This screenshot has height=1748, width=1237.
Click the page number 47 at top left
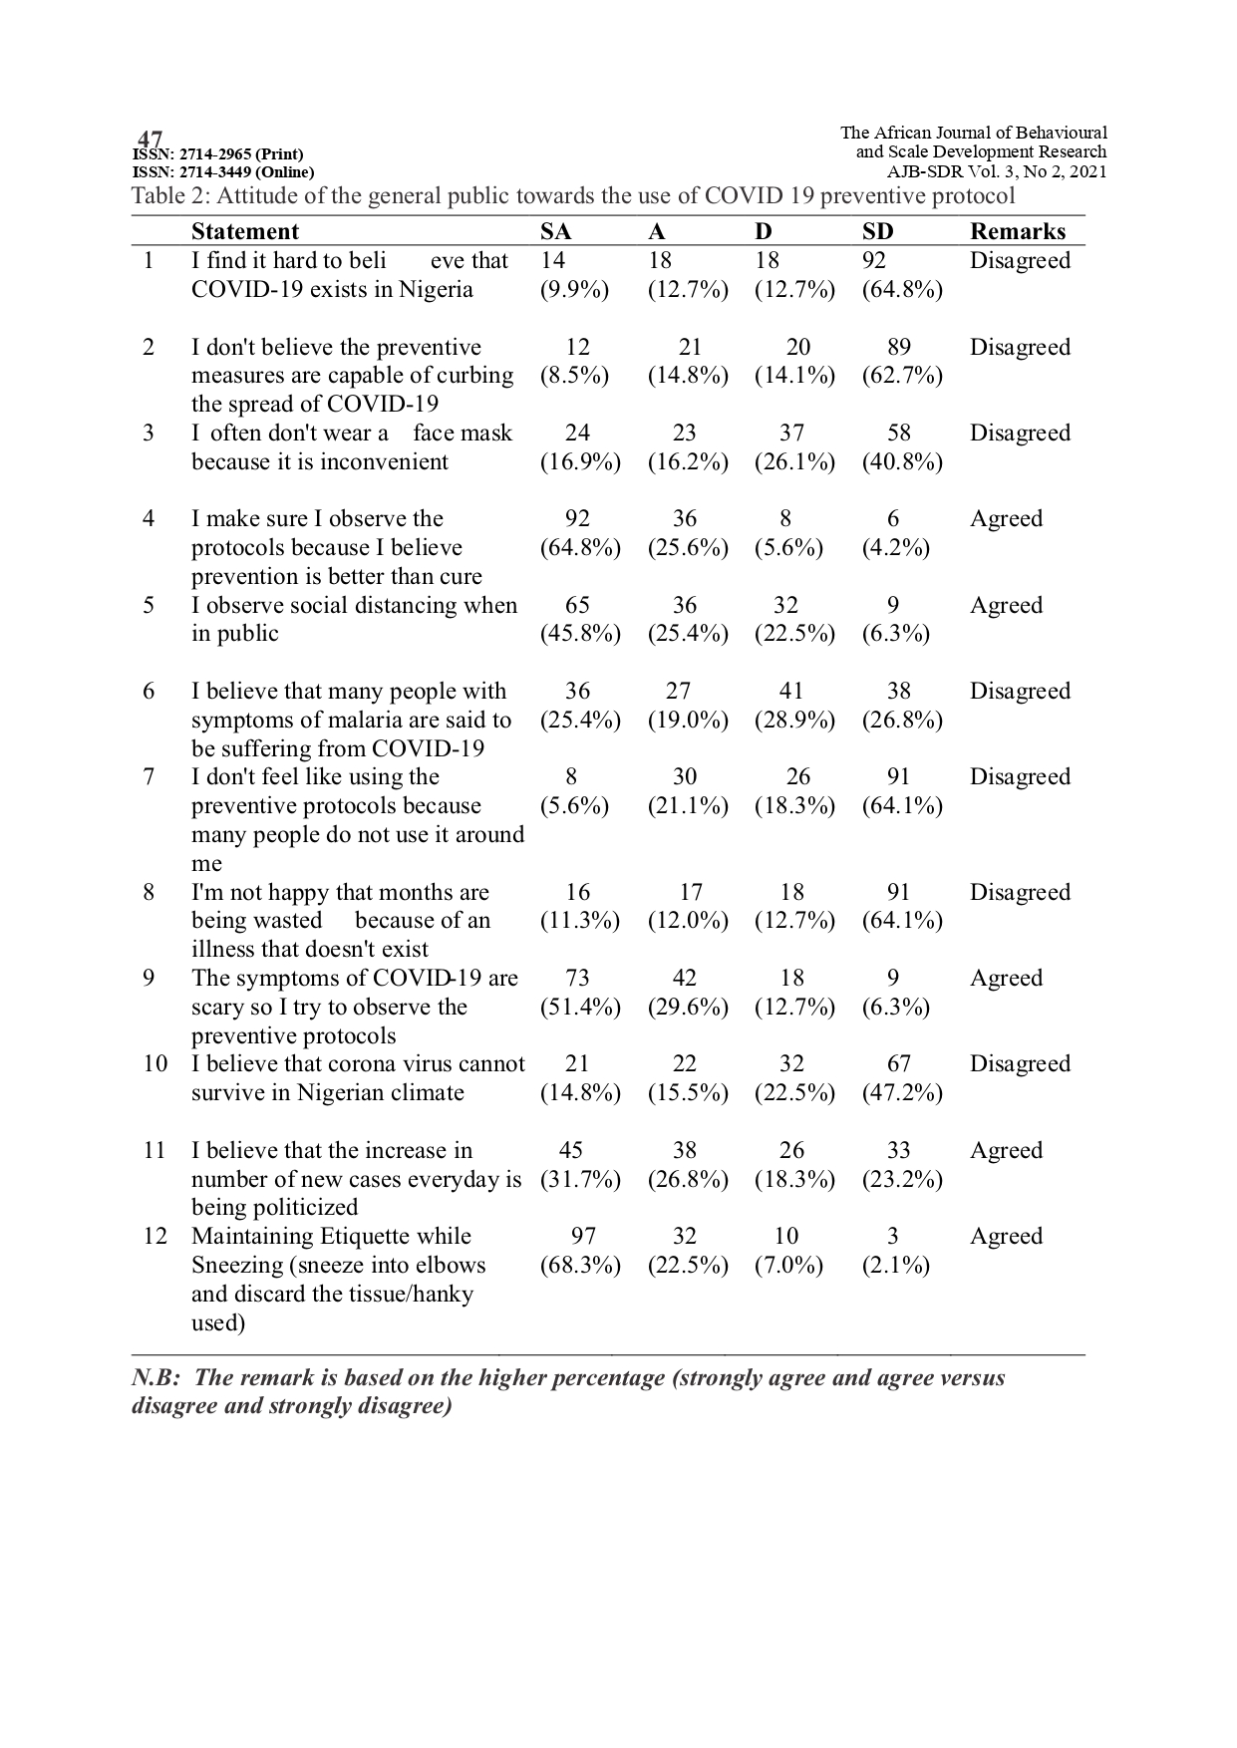click(150, 139)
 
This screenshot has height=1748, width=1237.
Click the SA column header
click(556, 231)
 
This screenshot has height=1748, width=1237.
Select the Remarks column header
click(1018, 231)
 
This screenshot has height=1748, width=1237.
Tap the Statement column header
click(245, 231)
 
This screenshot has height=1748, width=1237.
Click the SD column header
click(878, 231)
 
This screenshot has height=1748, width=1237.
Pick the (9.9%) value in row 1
click(574, 290)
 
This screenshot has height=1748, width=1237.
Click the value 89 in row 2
click(899, 347)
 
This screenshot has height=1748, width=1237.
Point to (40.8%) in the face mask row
click(902, 462)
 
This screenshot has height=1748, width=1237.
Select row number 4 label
click(149, 519)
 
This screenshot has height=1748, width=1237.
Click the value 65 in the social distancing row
click(577, 606)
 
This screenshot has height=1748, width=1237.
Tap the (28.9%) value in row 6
click(794, 721)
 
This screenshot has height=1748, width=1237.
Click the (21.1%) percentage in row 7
click(688, 806)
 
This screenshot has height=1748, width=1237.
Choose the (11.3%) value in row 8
click(580, 921)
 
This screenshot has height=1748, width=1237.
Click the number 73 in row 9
click(577, 979)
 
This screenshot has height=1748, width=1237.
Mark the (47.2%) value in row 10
click(902, 1093)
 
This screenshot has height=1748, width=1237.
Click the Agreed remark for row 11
click(1006, 1151)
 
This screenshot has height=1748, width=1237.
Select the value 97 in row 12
click(583, 1237)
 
